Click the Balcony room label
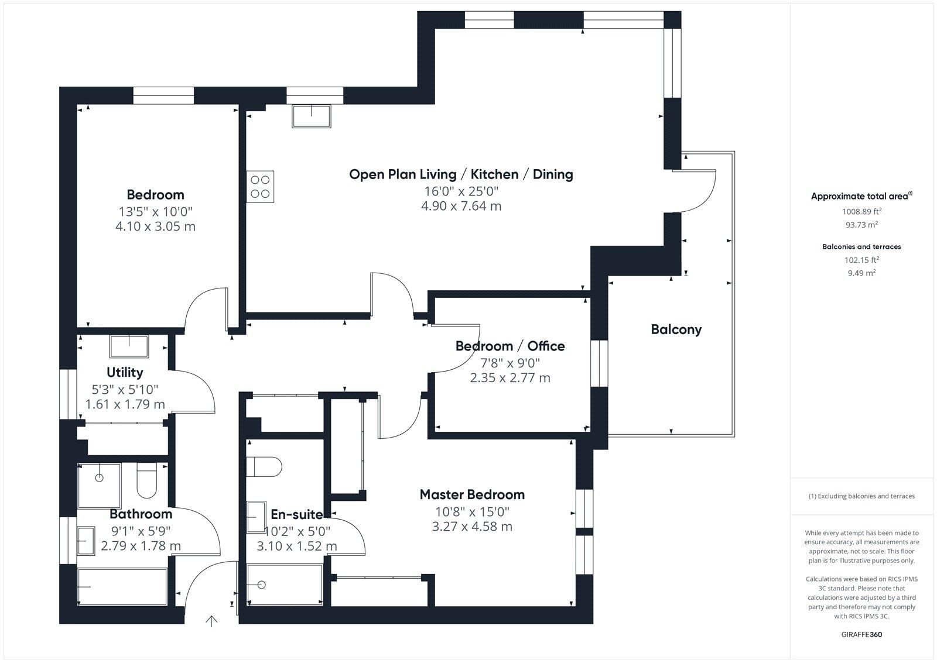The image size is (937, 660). [x=676, y=329]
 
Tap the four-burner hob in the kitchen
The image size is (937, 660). [x=260, y=187]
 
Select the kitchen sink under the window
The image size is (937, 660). [x=312, y=116]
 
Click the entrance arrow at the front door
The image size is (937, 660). [x=211, y=621]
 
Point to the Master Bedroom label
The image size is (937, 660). [x=472, y=494]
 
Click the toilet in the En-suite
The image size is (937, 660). [x=264, y=467]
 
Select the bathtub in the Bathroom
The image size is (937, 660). [x=123, y=587]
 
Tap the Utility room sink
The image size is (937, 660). [x=129, y=346]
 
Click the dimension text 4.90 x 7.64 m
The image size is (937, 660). [x=461, y=206]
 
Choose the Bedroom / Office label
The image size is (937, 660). [x=509, y=346]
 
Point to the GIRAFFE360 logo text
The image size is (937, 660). [x=861, y=634]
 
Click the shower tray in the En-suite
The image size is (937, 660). [x=284, y=585]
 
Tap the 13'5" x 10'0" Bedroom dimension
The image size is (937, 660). [x=155, y=211]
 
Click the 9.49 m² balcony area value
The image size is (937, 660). [x=861, y=273]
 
